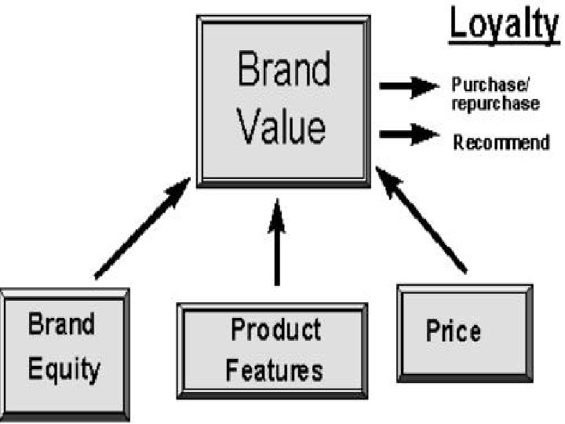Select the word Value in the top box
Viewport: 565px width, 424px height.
282,127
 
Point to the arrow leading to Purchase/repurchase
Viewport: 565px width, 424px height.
408,86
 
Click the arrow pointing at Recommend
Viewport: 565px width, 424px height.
408,135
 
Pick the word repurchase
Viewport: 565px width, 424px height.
494,103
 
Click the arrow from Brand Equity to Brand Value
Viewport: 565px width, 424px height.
142,228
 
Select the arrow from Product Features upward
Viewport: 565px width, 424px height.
276,243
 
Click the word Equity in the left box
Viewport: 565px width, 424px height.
64,368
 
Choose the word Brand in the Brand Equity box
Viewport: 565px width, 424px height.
62,324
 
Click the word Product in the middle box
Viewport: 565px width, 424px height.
275,330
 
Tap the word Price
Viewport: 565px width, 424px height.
453,331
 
